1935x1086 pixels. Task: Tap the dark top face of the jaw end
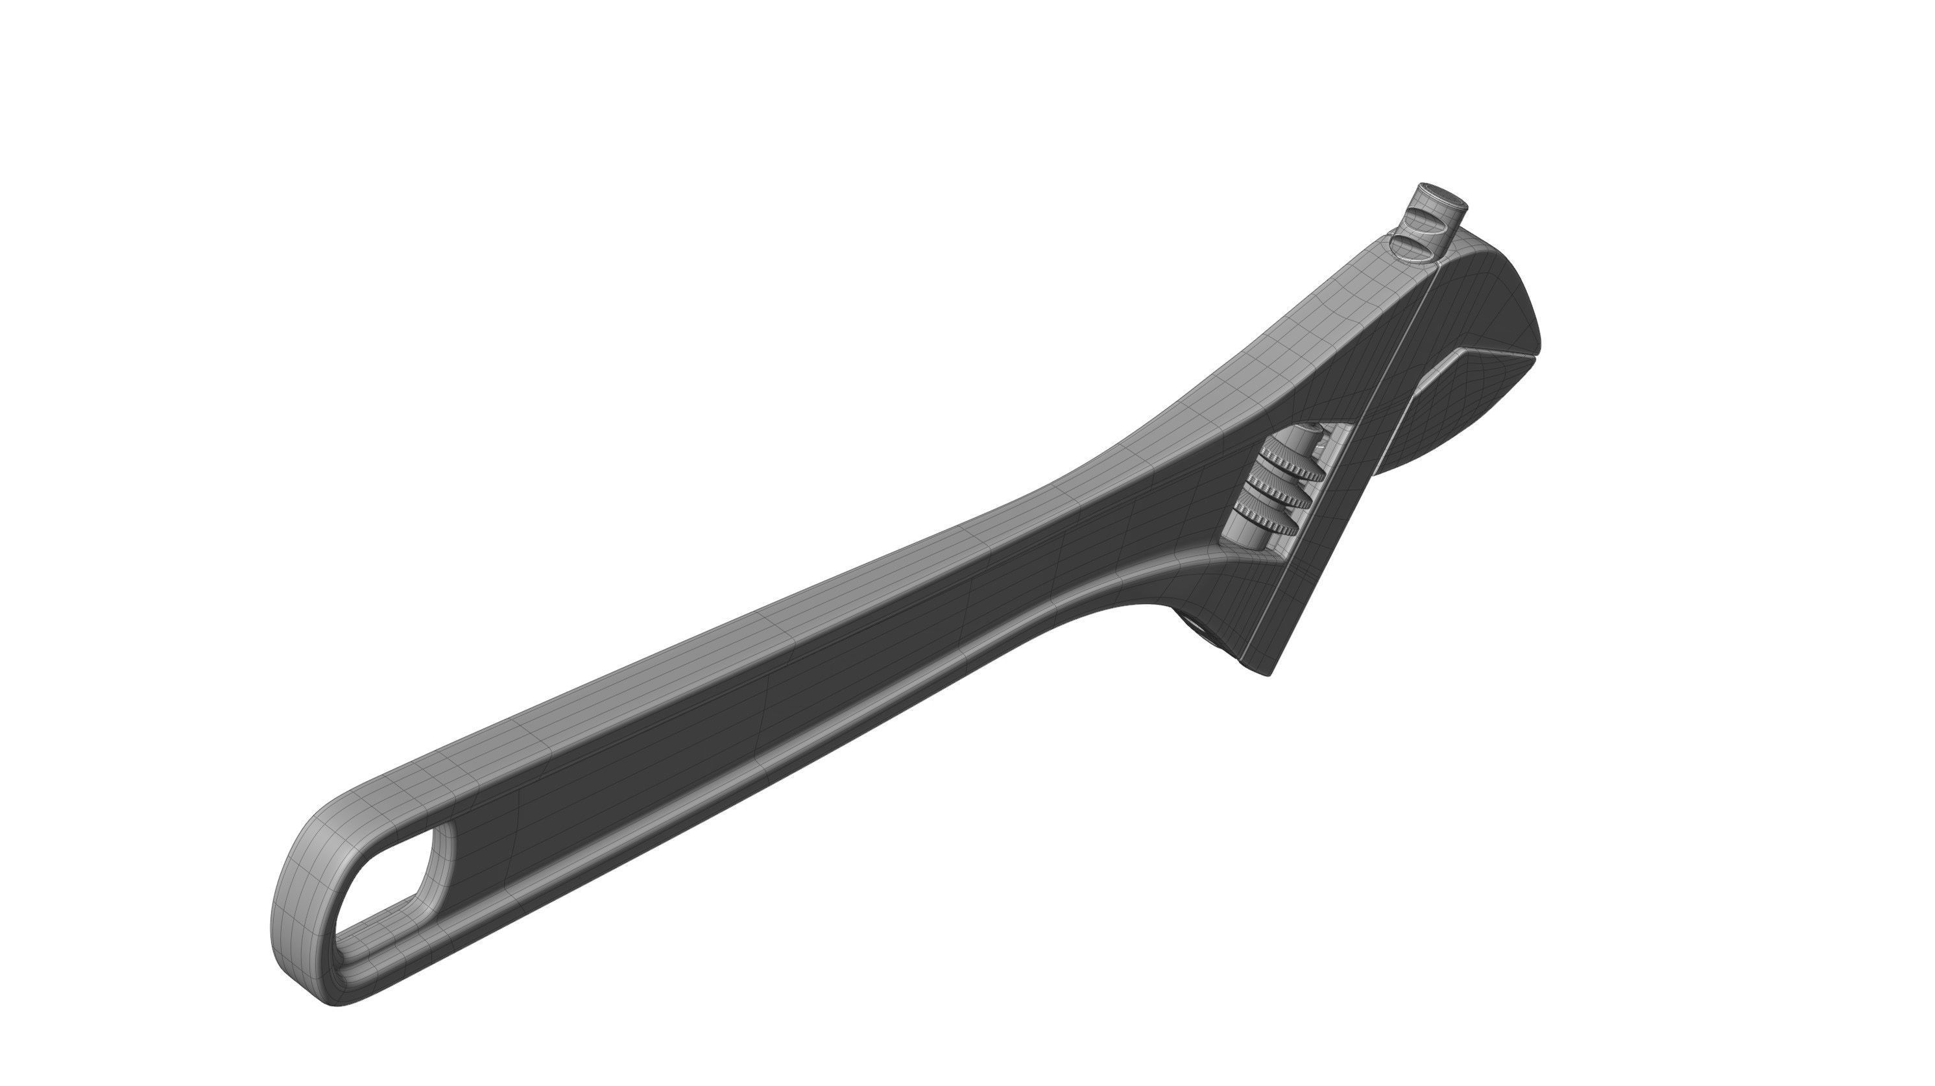coord(1472,300)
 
